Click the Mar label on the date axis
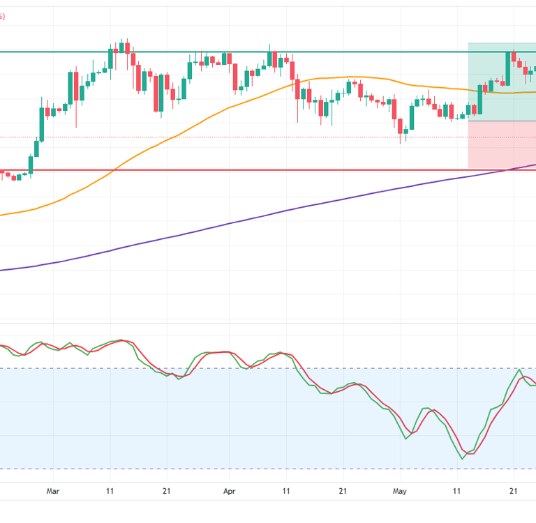53,492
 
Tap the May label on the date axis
399,492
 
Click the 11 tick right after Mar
110,492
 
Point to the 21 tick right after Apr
343,492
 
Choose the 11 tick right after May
456,492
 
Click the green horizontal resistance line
209,52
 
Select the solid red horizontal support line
209,169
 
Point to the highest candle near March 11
121,47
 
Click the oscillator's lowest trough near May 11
463,458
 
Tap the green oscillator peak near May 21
519,370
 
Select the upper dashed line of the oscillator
209,368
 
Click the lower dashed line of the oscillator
209,469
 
